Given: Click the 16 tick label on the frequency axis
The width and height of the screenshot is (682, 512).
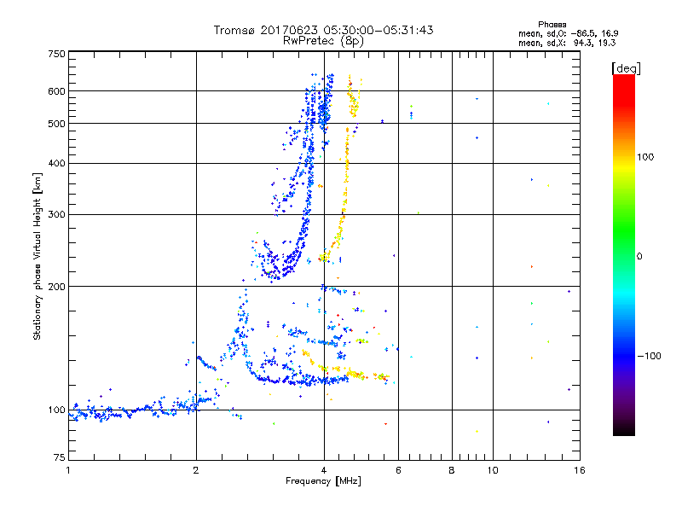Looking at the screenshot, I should pos(579,470).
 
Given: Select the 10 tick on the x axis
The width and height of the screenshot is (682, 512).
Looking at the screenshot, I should pos(492,470).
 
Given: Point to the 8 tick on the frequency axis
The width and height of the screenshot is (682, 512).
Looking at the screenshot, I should pos(452,470).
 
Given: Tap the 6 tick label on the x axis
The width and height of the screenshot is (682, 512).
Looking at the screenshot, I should pos(398,470).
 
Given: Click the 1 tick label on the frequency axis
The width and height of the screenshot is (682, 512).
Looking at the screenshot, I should pos(68,470).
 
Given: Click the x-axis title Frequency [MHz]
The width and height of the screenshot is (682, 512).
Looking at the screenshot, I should pos(323,482).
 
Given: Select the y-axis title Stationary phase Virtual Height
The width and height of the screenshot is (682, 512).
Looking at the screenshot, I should pos(38,256).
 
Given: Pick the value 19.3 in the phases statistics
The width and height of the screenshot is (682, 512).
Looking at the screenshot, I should pos(605,42).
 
